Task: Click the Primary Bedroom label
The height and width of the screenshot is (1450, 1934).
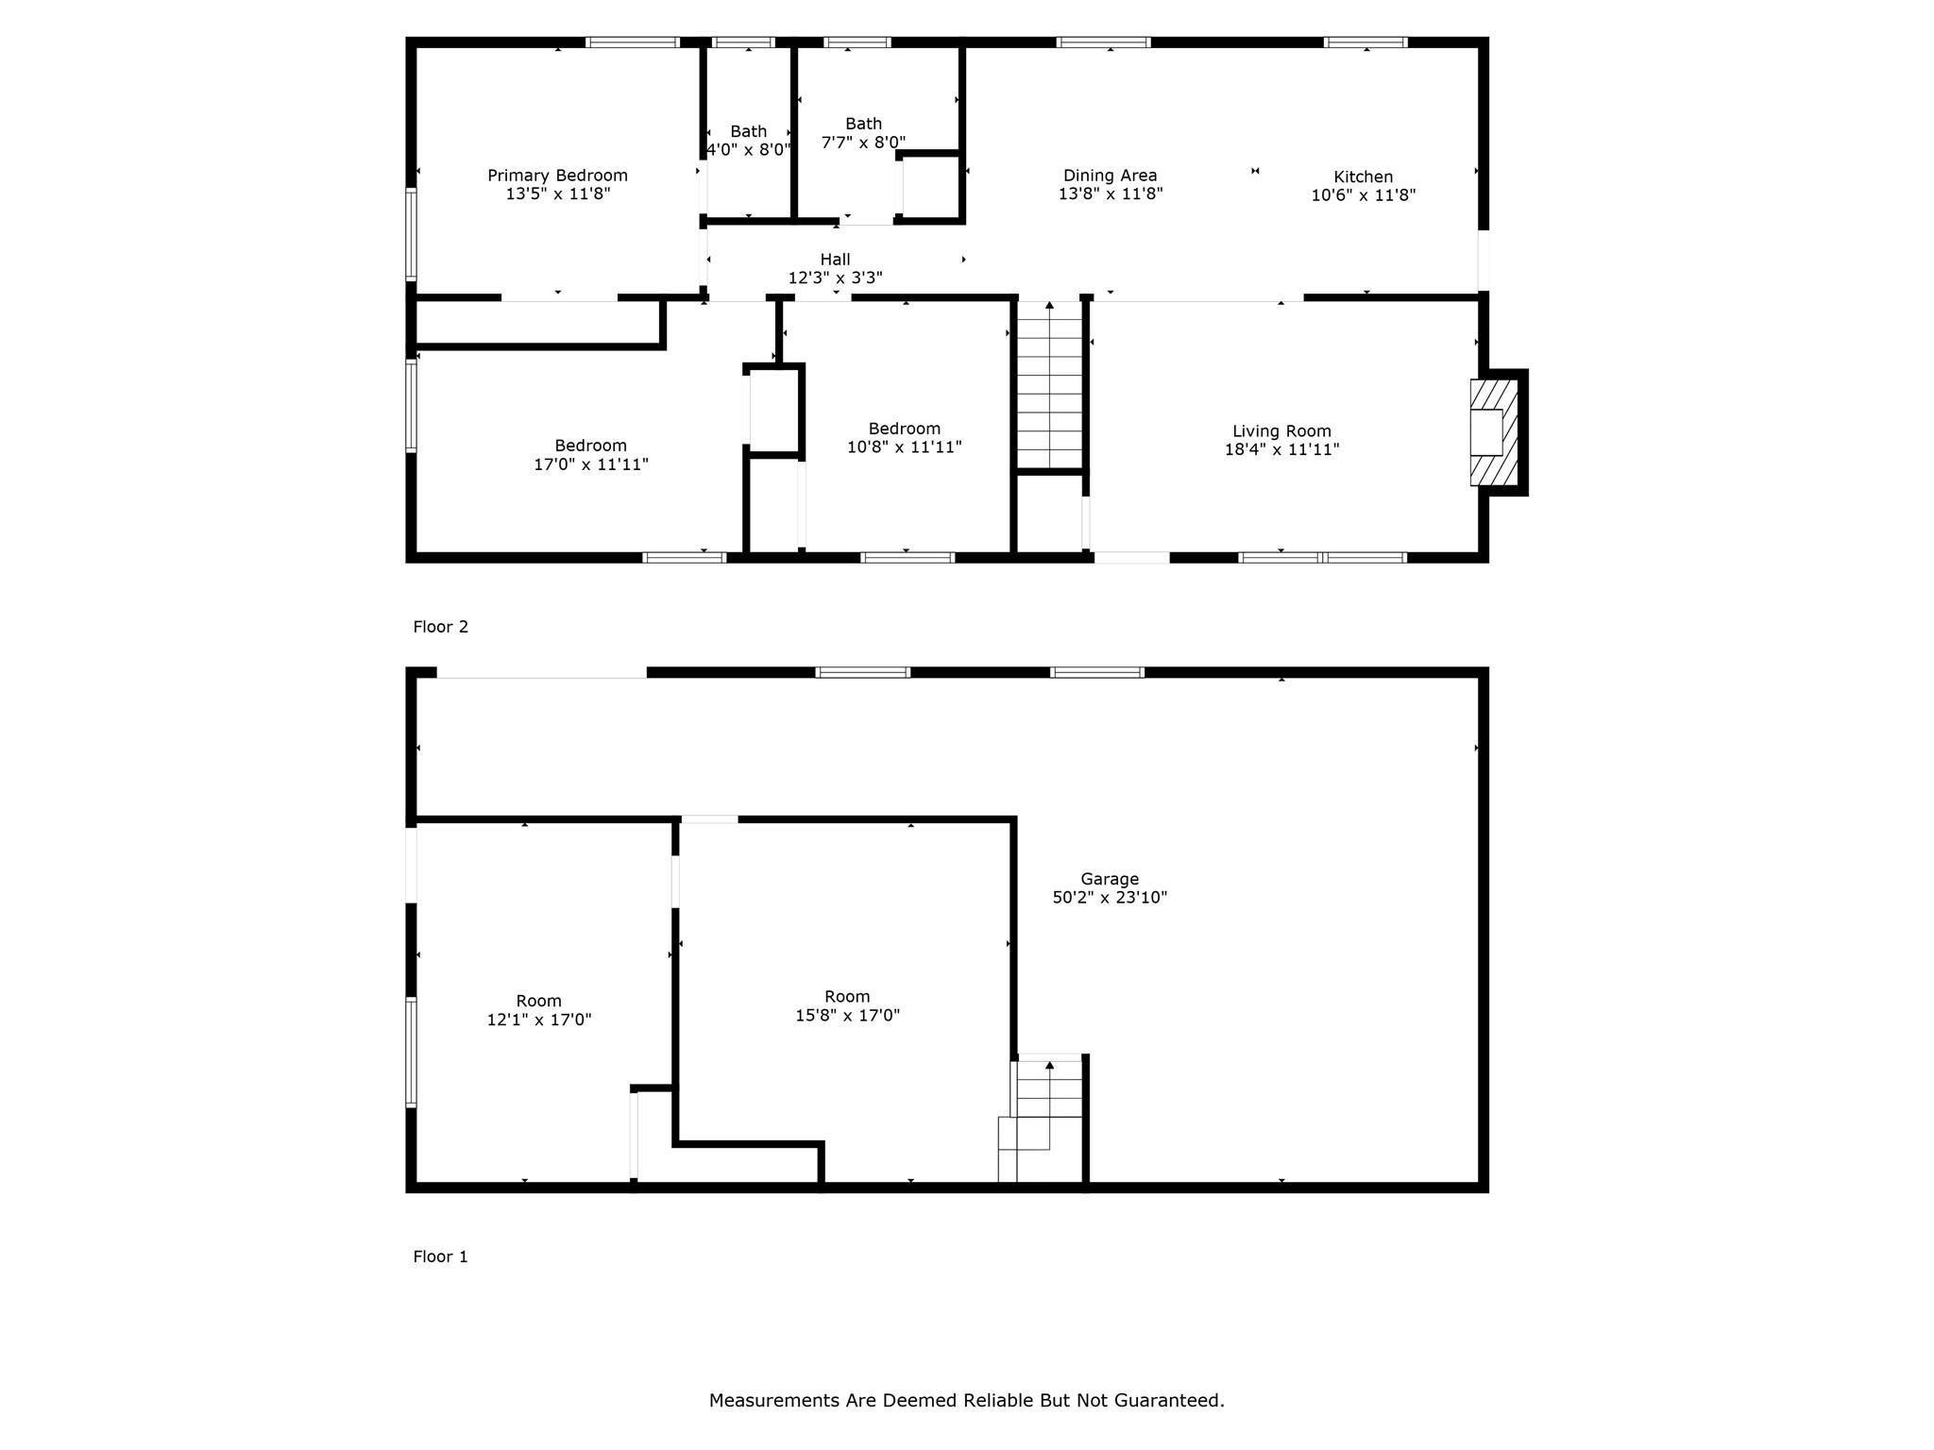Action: click(557, 176)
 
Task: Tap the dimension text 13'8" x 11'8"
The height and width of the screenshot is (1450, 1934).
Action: click(1110, 194)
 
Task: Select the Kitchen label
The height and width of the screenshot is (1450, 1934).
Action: click(1363, 177)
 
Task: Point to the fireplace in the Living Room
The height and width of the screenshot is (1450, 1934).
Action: click(1494, 432)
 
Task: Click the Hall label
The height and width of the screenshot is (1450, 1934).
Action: click(835, 260)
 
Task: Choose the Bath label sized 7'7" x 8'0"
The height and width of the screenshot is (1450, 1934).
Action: click(863, 124)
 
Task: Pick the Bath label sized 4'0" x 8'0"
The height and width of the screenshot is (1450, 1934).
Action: click(748, 132)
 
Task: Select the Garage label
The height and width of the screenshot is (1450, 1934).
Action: click(1110, 879)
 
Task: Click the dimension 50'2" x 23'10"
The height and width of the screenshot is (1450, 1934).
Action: click(1110, 898)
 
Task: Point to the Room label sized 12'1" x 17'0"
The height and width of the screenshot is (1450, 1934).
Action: click(538, 1002)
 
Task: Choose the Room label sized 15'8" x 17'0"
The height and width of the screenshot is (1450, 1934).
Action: click(846, 997)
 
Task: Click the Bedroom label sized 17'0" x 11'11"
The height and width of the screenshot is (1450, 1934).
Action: click(590, 446)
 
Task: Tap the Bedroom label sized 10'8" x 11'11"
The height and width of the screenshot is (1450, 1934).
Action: click(904, 429)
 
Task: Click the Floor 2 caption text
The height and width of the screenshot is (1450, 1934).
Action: click(440, 627)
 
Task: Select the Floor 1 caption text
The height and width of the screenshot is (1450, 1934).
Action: click(440, 1256)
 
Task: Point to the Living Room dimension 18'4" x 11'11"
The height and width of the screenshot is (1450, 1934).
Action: click(1281, 450)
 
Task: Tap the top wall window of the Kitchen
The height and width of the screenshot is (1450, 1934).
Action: click(1366, 42)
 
